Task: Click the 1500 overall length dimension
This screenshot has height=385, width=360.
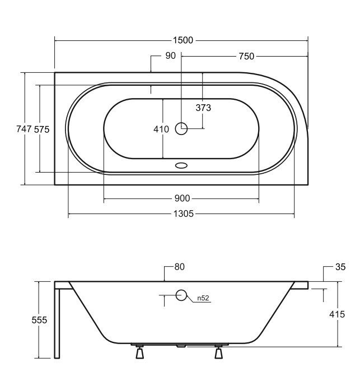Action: point(183,40)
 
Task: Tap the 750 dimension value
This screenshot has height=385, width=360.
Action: point(246,57)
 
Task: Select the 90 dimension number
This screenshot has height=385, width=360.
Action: point(170,55)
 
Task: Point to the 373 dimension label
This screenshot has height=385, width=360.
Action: point(203,108)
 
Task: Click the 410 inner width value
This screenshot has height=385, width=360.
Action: point(161,129)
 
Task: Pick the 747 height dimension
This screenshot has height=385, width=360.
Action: point(24,129)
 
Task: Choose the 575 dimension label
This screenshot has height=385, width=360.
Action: point(41,129)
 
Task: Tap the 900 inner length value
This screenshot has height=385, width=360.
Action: point(182,198)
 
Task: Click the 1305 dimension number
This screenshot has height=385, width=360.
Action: point(184,214)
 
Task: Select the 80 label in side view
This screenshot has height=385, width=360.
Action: point(180,267)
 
